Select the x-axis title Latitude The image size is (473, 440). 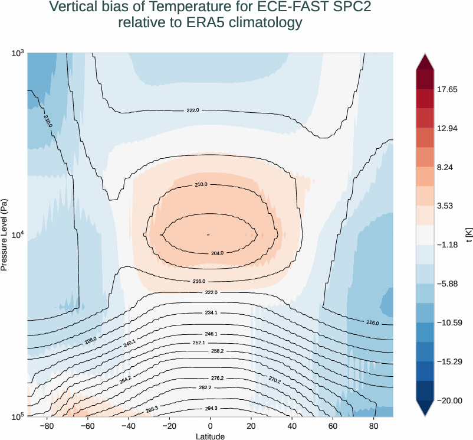tap(210, 436)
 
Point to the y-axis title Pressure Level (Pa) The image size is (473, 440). tap(5, 234)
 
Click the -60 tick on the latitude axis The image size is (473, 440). tap(87, 425)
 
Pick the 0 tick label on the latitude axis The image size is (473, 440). tap(210, 425)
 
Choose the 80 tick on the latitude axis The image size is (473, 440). tap(374, 425)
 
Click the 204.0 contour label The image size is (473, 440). tap(217, 253)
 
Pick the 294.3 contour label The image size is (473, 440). tap(211, 408)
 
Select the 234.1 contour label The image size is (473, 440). tap(211, 312)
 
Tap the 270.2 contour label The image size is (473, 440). tap(275, 379)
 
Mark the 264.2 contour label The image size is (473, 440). tap(125, 380)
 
